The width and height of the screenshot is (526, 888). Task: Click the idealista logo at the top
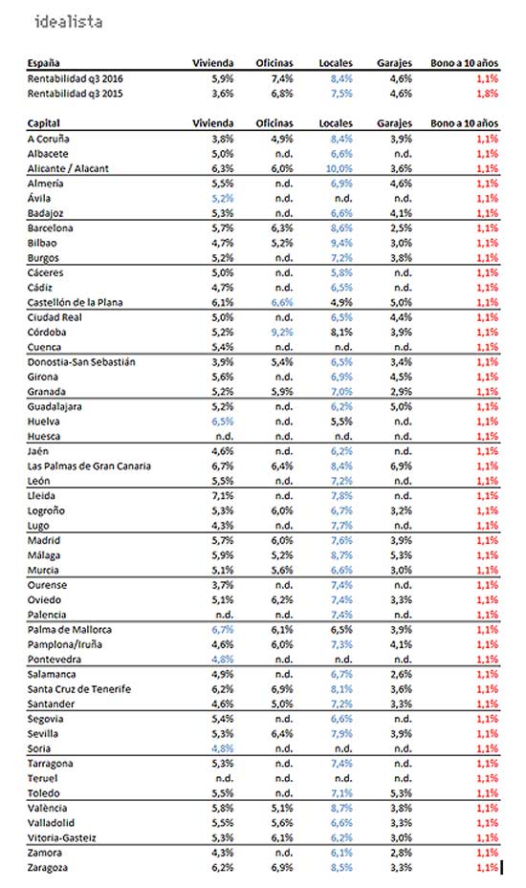pos(68,22)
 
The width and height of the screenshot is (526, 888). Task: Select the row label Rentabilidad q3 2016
pos(75,78)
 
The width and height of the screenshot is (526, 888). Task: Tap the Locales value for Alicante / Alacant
pos(339,169)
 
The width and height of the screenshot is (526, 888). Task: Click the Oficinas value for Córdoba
pos(282,333)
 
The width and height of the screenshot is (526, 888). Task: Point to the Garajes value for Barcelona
pos(401,228)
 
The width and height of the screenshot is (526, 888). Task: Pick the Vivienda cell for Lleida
pos(223,496)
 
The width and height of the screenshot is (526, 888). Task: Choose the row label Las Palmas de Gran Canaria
pos(89,466)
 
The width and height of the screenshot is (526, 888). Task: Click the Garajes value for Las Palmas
pos(401,466)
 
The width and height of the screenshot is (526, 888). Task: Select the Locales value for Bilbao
pos(341,244)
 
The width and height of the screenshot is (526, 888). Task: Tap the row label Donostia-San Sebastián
pos(81,362)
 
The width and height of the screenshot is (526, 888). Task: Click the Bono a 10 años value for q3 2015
pos(487,94)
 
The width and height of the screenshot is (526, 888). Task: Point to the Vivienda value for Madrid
pos(223,541)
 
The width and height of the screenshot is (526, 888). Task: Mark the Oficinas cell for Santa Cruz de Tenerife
pos(282,689)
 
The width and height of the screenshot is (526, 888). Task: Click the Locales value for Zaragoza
pos(341,868)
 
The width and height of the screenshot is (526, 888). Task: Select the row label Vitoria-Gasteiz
pos(62,838)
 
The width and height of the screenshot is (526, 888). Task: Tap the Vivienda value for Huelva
pos(223,422)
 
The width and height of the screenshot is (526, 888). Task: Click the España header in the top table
pos(43,63)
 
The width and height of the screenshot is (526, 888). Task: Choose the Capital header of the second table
pos(43,123)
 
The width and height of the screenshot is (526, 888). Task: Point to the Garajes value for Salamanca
pos(401,675)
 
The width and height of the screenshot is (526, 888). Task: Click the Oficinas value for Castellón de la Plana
pos(282,303)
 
